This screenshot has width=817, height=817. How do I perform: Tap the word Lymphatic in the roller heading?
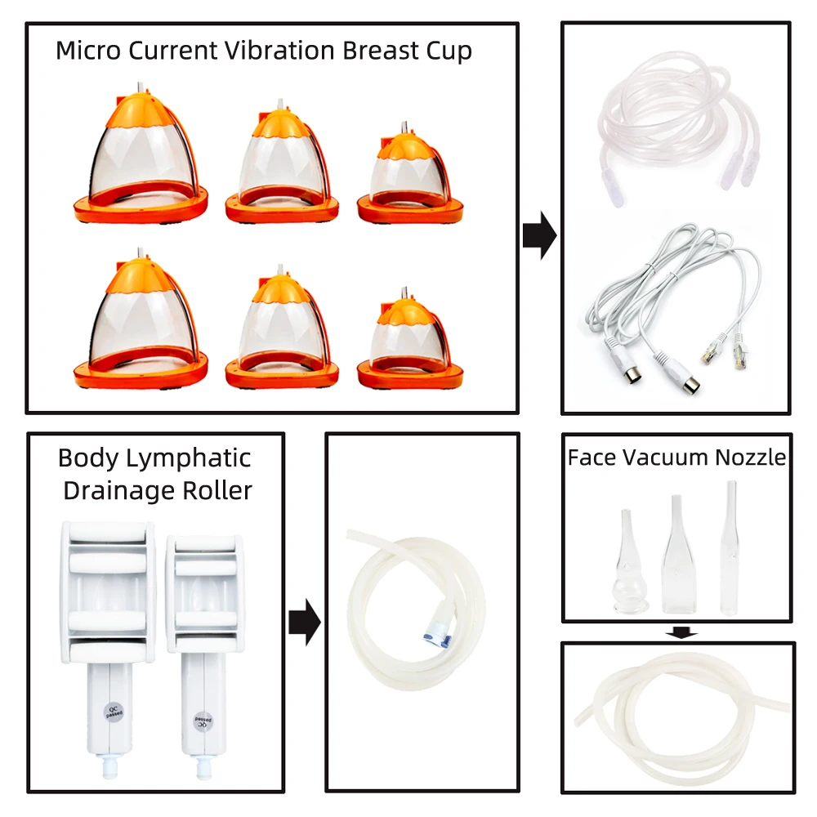pos(194,458)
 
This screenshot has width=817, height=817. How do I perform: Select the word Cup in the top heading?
pos(449,51)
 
